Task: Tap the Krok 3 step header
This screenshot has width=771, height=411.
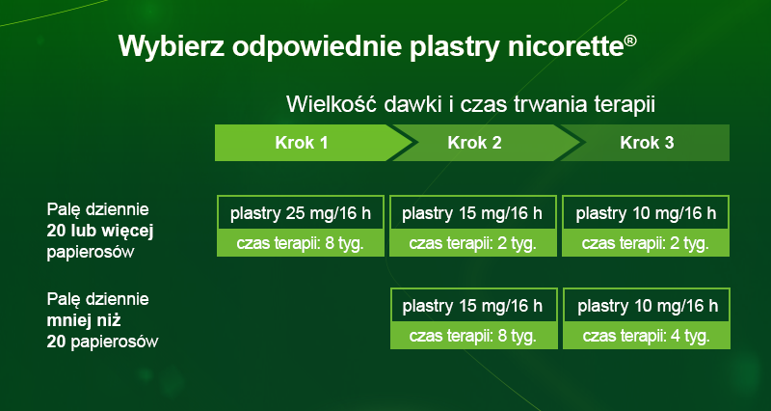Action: click(x=647, y=143)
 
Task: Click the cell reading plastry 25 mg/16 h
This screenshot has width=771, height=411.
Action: click(x=301, y=213)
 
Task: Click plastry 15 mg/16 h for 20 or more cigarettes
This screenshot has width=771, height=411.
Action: click(x=472, y=213)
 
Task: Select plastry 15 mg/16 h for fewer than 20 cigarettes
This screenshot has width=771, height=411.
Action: click(x=473, y=306)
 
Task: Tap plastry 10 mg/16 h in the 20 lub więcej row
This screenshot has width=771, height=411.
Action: click(x=646, y=213)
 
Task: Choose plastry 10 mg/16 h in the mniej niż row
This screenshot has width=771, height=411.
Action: click(x=647, y=306)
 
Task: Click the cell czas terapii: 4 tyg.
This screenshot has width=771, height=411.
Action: click(x=647, y=336)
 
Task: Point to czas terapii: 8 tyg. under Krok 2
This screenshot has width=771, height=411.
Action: click(x=473, y=336)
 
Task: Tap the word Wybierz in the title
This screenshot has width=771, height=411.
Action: click(x=172, y=47)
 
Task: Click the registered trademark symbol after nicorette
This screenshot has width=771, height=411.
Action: click(x=630, y=41)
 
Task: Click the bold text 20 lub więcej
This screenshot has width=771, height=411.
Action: click(x=100, y=232)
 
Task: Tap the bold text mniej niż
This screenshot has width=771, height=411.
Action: click(x=84, y=320)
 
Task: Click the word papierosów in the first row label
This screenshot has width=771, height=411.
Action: click(x=91, y=253)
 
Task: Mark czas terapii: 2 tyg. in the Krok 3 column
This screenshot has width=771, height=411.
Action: click(x=646, y=243)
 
